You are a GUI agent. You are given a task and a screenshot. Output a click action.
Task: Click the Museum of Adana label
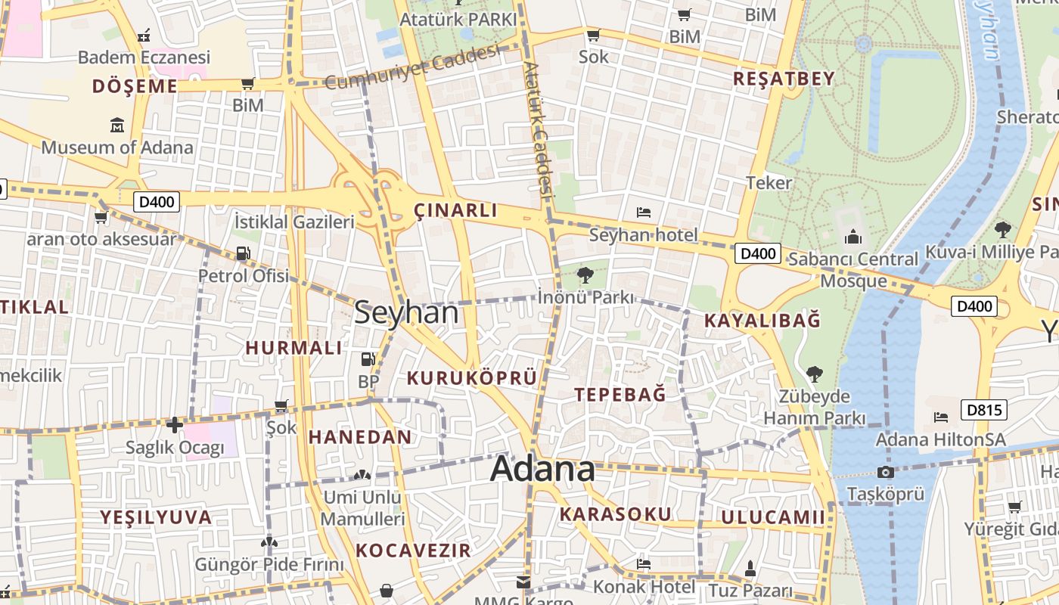tap(117, 147)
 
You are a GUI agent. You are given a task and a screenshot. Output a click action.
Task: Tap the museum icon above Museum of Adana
tap(117, 125)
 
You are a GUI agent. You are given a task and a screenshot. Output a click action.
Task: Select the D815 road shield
tap(984, 410)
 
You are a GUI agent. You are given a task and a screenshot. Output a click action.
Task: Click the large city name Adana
tap(542, 469)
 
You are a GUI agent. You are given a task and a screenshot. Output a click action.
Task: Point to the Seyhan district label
tap(406, 312)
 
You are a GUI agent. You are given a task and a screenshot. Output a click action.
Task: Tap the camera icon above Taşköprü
tap(885, 473)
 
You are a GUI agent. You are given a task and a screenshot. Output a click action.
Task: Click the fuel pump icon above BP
tap(368, 359)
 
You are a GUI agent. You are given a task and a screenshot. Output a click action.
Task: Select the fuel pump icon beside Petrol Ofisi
tap(243, 253)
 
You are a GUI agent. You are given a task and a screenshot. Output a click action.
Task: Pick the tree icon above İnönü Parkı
tap(585, 275)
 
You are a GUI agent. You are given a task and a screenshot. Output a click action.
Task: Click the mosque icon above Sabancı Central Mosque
tap(853, 237)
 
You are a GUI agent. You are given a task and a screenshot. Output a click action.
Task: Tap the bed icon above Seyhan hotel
tap(644, 213)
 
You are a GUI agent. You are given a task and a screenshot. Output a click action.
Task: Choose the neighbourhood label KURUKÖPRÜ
tap(472, 377)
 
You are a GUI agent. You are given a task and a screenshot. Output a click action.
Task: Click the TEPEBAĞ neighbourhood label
tap(620, 395)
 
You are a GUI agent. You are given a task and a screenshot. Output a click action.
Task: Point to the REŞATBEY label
tap(784, 79)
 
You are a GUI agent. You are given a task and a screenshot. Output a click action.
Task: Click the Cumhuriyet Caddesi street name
tap(412, 68)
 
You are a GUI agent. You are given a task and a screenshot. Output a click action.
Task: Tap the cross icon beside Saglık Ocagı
tap(175, 425)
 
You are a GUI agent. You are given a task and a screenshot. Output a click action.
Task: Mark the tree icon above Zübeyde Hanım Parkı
tap(814, 374)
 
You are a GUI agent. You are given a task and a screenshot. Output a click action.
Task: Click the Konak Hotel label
tap(644, 586)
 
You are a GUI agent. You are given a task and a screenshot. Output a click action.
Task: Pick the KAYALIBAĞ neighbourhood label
tap(762, 321)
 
